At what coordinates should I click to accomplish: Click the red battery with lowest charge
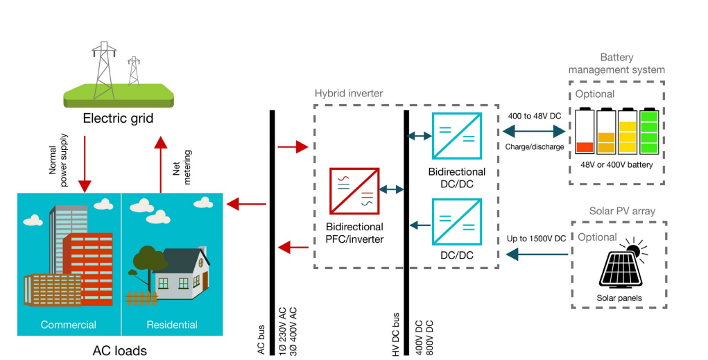[585, 132]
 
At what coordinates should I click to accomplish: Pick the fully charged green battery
[650, 131]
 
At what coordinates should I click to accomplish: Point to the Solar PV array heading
[622, 211]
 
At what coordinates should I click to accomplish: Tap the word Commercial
[68, 325]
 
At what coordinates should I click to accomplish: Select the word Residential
[172, 325]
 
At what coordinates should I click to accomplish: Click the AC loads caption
[120, 350]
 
